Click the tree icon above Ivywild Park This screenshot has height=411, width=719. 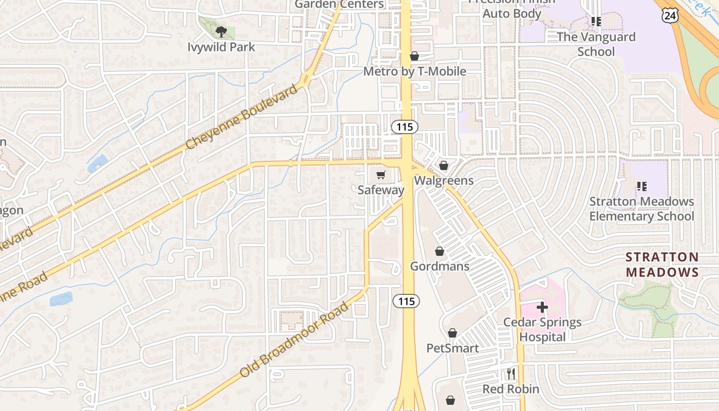[x=221, y=32]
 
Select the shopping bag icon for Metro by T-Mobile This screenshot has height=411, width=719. [x=414, y=56]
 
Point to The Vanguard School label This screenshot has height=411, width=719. [x=596, y=44]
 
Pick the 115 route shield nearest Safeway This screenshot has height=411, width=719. [x=405, y=127]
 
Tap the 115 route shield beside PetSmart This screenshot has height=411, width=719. [x=406, y=301]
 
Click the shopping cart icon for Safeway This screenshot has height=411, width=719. [x=381, y=176]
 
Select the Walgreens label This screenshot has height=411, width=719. [x=444, y=181]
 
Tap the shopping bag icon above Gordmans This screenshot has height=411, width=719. [x=440, y=251]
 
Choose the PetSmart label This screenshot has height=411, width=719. [x=452, y=348]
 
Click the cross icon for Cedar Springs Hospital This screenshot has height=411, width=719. [x=542, y=307]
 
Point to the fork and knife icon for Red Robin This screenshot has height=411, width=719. [x=510, y=374]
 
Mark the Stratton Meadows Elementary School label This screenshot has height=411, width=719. [x=641, y=209]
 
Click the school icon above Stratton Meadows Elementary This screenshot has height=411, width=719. [x=641, y=186]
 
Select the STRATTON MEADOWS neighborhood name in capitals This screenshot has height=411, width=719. [x=663, y=265]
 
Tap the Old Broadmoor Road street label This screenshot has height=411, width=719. [x=294, y=340]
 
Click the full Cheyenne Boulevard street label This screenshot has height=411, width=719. [x=241, y=117]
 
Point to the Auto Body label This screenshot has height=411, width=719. [x=512, y=13]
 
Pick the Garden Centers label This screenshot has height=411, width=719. [x=339, y=4]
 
